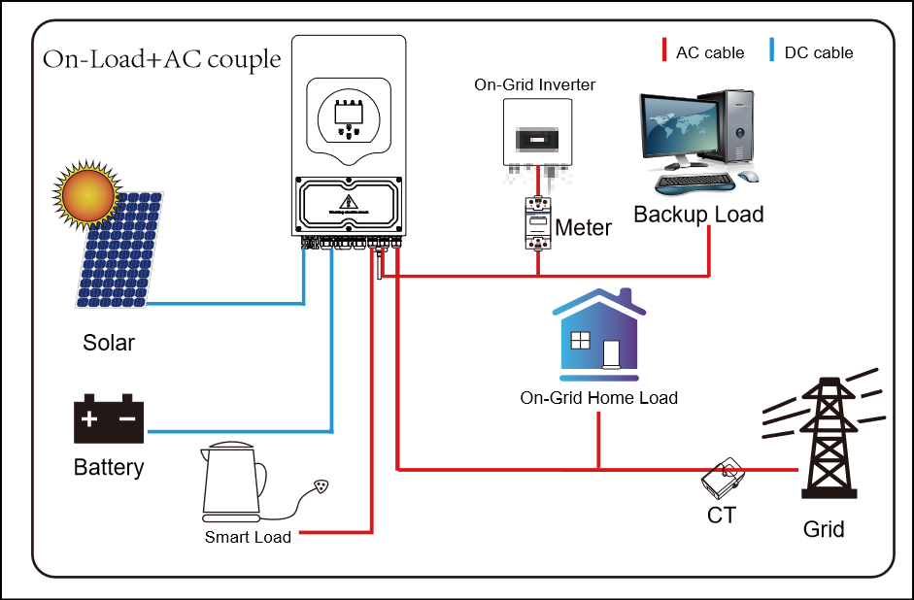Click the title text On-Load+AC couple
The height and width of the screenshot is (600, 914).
[x=161, y=60]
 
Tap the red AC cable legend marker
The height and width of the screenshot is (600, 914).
[x=664, y=51]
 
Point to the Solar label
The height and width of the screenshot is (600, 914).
[x=109, y=343]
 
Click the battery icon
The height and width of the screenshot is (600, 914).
[x=109, y=419]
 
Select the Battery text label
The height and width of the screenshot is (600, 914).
[x=109, y=468]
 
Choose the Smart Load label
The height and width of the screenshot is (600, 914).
[x=248, y=537]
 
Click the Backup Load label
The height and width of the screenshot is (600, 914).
[x=698, y=215]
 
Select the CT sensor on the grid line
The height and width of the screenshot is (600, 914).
[x=723, y=477]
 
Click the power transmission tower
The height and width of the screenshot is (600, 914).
[x=825, y=437]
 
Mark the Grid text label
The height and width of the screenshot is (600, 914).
[x=824, y=529]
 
